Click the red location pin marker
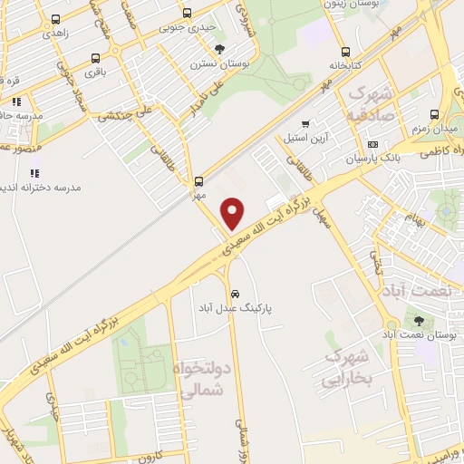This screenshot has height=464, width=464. click(233, 213)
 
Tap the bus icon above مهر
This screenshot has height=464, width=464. click(198, 180)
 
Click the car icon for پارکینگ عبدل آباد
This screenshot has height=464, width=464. click(235, 294)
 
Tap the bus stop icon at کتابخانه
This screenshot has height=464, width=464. click(344, 52)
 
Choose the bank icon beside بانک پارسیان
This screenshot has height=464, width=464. click(372, 144)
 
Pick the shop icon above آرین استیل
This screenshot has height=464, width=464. click(305, 124)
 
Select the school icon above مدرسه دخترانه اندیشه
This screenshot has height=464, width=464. click(34, 173)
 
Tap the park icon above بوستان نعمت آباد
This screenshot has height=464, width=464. click(418, 321)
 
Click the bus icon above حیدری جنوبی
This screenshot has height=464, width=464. click(187, 13)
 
